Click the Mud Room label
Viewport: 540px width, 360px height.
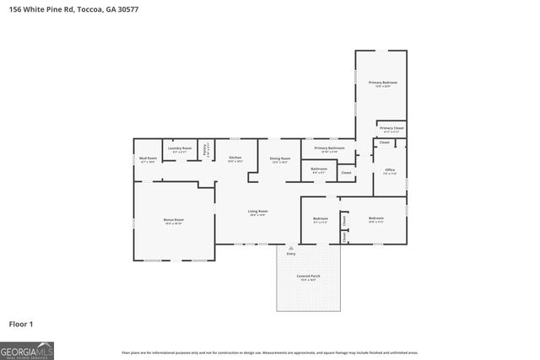point(148,158)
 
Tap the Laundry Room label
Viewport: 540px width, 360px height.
point(180,148)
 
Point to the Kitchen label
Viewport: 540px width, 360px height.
point(235,158)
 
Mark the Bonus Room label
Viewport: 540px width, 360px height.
point(174,220)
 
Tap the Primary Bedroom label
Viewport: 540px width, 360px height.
point(382,83)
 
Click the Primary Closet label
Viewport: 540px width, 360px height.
point(392,128)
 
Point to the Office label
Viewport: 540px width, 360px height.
point(390,170)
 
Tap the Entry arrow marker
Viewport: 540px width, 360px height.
point(290,248)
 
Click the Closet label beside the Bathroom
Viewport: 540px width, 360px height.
point(346,173)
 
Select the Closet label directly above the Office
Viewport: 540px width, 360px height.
point(384,143)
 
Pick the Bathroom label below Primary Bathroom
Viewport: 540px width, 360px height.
point(319,169)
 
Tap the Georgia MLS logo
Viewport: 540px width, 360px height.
point(27,350)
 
